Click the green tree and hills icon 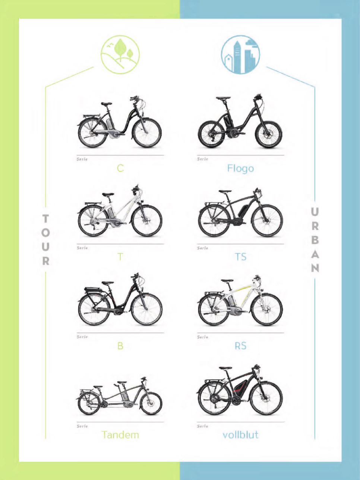(x=120, y=55)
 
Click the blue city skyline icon (x=240, y=55)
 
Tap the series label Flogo (x=240, y=168)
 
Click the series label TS (x=240, y=257)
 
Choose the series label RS (x=240, y=346)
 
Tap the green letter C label (x=120, y=168)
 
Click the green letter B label (x=120, y=346)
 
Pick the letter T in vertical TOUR (x=46, y=219)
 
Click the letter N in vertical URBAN (x=315, y=268)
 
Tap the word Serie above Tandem (x=82, y=426)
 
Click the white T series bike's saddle (x=108, y=194)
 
